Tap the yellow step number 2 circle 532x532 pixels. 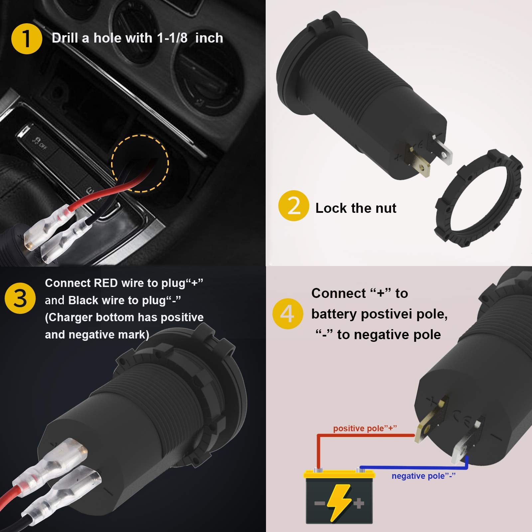click(x=294, y=206)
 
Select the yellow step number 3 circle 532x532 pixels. click(x=20, y=298)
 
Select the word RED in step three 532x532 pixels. click(x=106, y=283)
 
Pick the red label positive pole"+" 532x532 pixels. click(x=365, y=428)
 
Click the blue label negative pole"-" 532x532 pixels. click(x=423, y=476)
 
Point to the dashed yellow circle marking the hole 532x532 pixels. click(x=140, y=163)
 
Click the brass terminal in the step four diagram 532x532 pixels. click(x=429, y=422)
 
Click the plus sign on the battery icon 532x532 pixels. click(x=358, y=503)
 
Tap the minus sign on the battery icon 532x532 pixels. click(x=320, y=503)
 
